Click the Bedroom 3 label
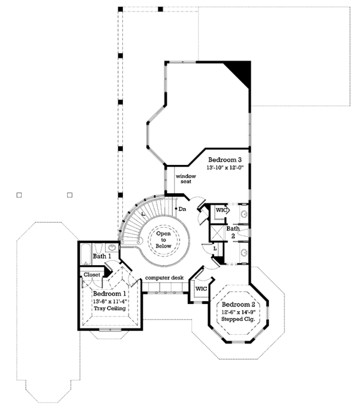(224, 160)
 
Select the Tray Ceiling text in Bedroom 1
(110, 308)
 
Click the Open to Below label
(163, 240)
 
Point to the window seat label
(185, 179)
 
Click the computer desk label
(164, 278)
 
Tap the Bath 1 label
(102, 256)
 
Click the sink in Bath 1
(112, 246)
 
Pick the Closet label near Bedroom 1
(92, 275)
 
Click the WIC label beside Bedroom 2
(201, 288)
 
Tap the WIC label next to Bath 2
(221, 210)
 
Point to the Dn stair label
(182, 209)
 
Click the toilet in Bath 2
(244, 233)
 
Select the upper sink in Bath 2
(244, 214)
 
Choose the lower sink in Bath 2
(244, 252)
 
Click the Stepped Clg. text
(238, 319)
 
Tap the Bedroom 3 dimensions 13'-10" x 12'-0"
(225, 168)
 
